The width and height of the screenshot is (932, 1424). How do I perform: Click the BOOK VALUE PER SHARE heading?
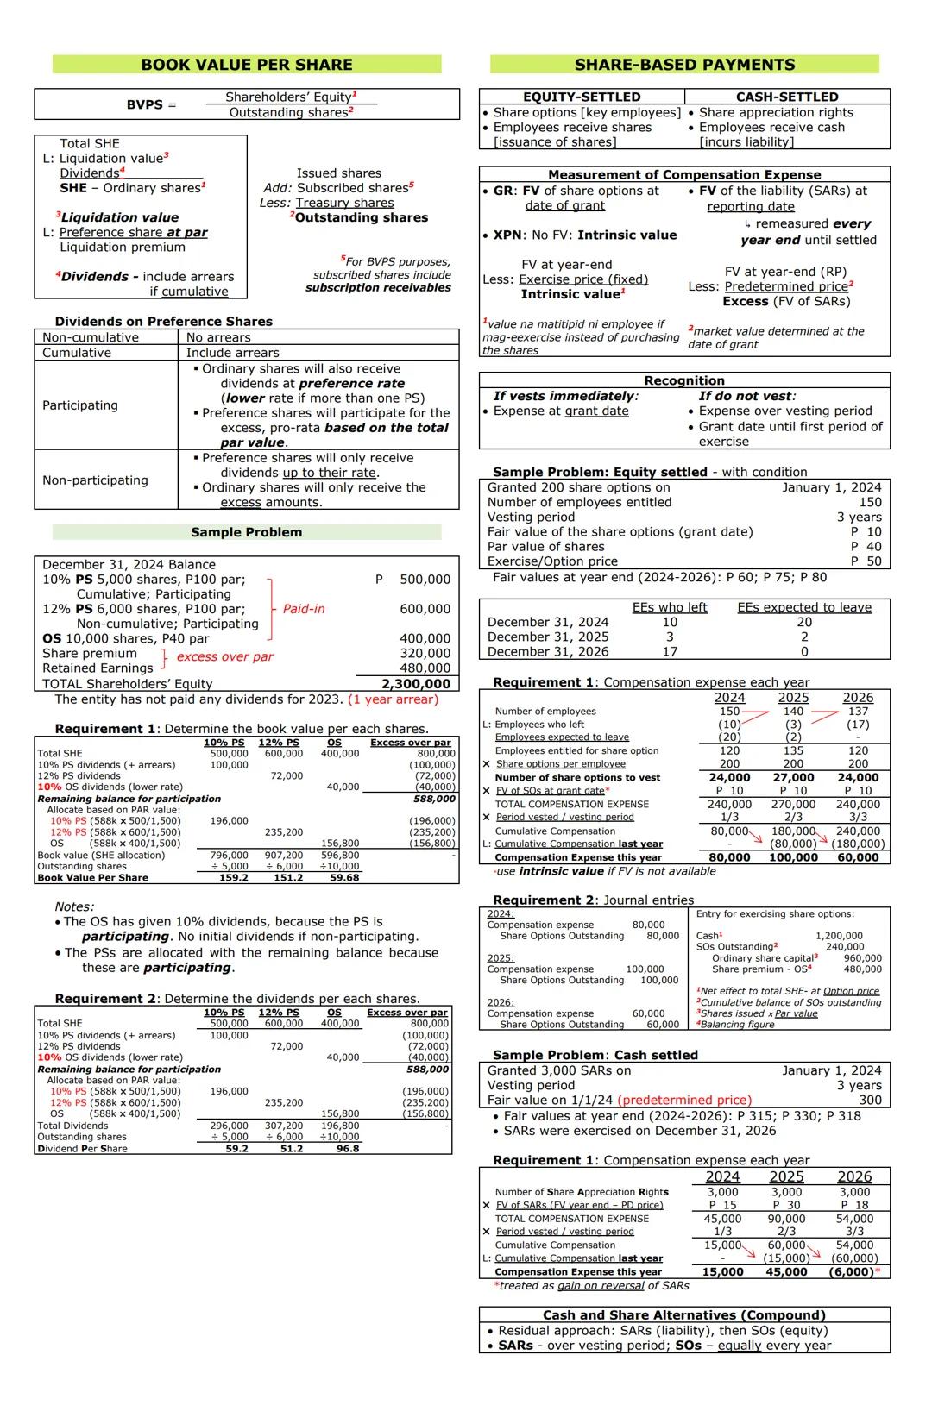tap(246, 65)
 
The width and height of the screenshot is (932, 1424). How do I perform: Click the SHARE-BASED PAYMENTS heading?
tap(684, 65)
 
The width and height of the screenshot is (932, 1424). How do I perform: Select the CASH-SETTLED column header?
tap(786, 97)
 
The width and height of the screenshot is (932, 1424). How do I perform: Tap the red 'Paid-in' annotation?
tap(304, 609)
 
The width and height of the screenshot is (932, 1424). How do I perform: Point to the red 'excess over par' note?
tap(224, 656)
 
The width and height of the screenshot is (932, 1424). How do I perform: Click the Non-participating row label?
tap(95, 480)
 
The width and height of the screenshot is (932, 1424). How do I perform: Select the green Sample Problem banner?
tap(246, 532)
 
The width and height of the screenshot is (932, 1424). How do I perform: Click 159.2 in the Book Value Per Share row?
tap(233, 877)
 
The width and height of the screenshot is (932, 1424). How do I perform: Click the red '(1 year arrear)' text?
tap(393, 699)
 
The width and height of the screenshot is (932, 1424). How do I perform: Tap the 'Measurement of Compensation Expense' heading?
tap(684, 174)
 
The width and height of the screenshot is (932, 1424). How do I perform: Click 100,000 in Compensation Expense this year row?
tap(793, 857)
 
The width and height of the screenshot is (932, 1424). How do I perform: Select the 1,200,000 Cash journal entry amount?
tap(839, 935)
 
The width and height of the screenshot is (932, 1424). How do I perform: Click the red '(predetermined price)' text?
tap(684, 1100)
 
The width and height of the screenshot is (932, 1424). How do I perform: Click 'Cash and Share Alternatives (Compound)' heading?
tap(684, 1315)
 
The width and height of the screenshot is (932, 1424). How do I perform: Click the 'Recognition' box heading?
tap(684, 380)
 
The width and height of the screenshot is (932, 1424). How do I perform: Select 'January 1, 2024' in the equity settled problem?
tap(831, 487)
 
